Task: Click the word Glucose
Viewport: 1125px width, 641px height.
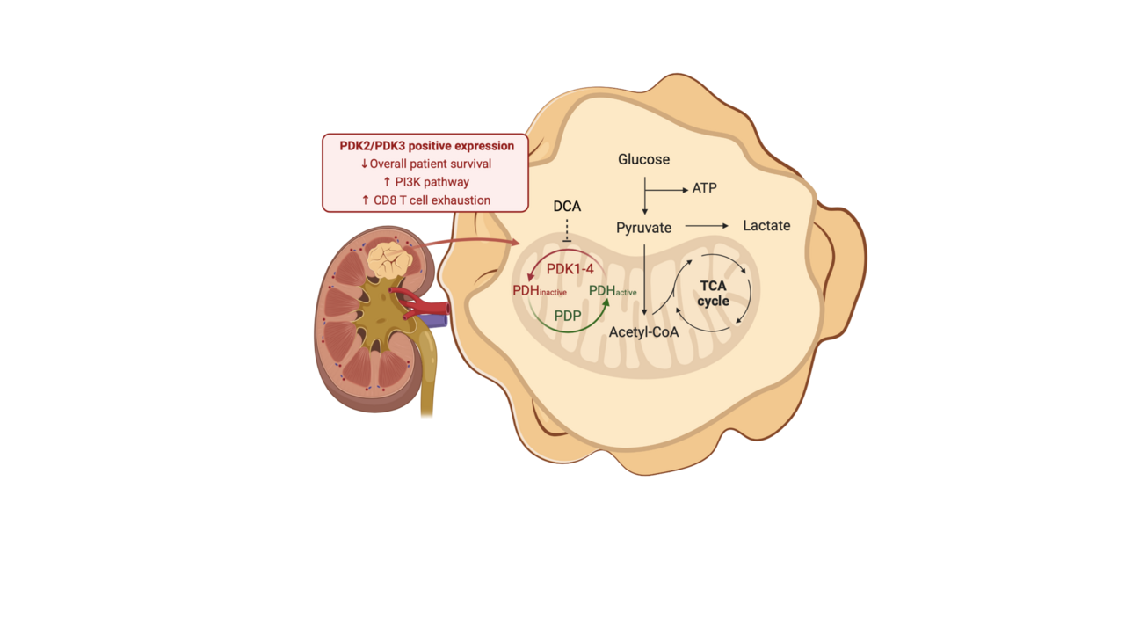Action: [x=643, y=159]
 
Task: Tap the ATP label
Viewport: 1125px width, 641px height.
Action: [x=704, y=189]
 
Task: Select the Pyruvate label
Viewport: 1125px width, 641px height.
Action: [x=643, y=228]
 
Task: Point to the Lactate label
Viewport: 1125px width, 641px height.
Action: [x=766, y=226]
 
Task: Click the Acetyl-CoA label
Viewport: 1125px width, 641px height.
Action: [x=643, y=332]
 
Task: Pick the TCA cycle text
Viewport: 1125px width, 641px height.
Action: [x=713, y=294]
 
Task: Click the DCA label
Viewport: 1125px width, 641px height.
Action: [x=567, y=207]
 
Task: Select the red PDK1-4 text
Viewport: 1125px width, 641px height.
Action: [x=570, y=269]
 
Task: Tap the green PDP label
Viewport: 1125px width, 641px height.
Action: [x=567, y=315]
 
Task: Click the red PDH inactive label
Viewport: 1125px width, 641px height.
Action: [x=539, y=290]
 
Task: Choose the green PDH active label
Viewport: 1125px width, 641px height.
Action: [x=612, y=291]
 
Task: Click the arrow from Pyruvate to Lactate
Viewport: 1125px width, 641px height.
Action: [x=707, y=226]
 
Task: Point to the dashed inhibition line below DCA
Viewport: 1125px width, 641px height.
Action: [x=567, y=231]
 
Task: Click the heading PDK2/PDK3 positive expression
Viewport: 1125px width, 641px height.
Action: [x=426, y=146]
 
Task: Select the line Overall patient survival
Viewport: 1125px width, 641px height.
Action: [x=426, y=164]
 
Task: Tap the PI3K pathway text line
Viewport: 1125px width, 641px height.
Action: [x=426, y=182]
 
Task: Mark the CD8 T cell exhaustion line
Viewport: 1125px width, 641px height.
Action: [x=426, y=200]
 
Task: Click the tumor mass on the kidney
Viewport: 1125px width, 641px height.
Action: [x=389, y=259]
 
